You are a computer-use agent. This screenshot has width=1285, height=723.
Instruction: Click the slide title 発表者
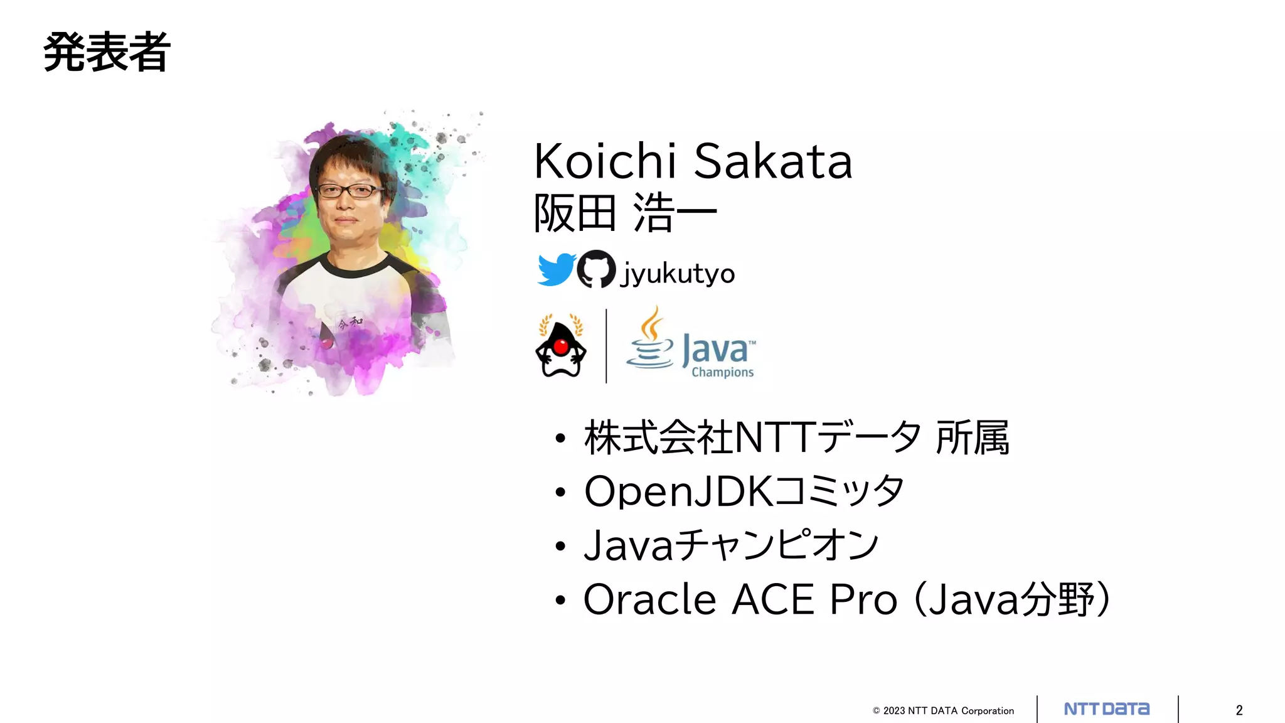tap(107, 53)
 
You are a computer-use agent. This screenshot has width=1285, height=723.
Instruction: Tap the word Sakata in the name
tap(773, 161)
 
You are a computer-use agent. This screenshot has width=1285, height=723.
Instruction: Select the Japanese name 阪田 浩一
tap(625, 213)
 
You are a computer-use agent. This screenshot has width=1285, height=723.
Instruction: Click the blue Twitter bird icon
tap(556, 269)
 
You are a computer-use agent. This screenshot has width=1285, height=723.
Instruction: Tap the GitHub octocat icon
tap(596, 269)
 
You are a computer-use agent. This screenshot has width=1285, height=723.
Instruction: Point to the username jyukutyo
tap(678, 274)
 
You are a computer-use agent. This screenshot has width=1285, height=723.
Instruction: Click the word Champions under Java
tap(722, 372)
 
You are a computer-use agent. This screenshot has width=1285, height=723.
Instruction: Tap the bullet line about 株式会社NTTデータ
tap(796, 437)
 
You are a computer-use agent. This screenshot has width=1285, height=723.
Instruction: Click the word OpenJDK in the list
tap(677, 491)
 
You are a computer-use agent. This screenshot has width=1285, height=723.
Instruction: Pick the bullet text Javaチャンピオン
tap(731, 545)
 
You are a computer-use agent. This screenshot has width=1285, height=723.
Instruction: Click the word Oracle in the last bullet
tap(649, 599)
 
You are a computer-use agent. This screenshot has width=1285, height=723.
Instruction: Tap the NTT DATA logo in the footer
tap(1107, 709)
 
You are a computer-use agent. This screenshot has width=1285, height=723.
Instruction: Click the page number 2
tap(1239, 710)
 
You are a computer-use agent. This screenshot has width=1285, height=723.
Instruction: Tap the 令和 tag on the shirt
tap(349, 323)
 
